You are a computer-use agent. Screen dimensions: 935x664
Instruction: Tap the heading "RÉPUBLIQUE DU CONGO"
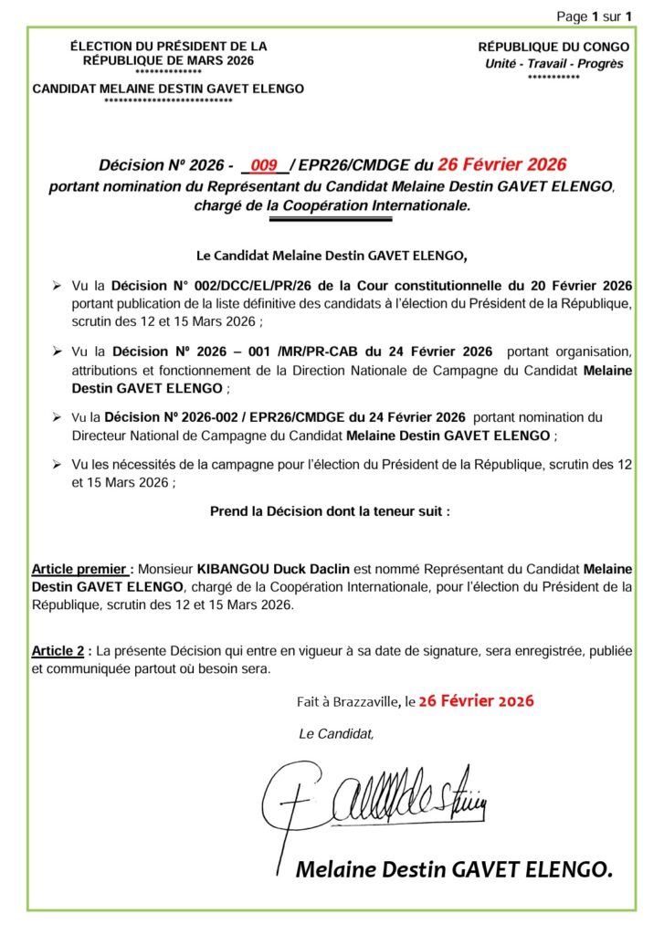[553, 47]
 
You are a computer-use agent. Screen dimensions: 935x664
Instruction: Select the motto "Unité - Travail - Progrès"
[553, 64]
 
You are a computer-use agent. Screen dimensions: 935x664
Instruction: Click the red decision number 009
[264, 165]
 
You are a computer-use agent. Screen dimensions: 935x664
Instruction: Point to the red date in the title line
[502, 165]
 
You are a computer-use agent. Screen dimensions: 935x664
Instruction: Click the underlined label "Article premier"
[80, 569]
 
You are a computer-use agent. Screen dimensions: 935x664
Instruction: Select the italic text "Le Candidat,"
[336, 733]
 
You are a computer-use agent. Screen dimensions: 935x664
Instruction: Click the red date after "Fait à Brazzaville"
[476, 701]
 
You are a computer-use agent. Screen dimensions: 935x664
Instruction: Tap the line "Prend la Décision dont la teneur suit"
[330, 511]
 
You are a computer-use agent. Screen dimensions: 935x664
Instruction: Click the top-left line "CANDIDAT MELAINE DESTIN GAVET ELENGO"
[168, 89]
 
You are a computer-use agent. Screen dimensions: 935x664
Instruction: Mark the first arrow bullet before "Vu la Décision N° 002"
[58, 286]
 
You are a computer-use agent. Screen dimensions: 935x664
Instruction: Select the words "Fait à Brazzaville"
[348, 702]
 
